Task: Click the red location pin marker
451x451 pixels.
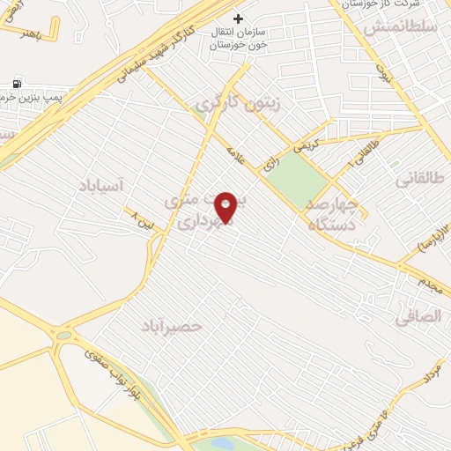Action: click(226, 207)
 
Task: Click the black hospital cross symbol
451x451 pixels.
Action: click(237, 18)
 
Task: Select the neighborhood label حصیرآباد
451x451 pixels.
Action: click(172, 326)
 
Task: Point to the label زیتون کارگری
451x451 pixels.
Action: click(236, 102)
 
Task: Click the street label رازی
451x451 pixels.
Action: click(270, 163)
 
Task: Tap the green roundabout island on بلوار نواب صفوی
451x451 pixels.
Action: click(63, 335)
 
